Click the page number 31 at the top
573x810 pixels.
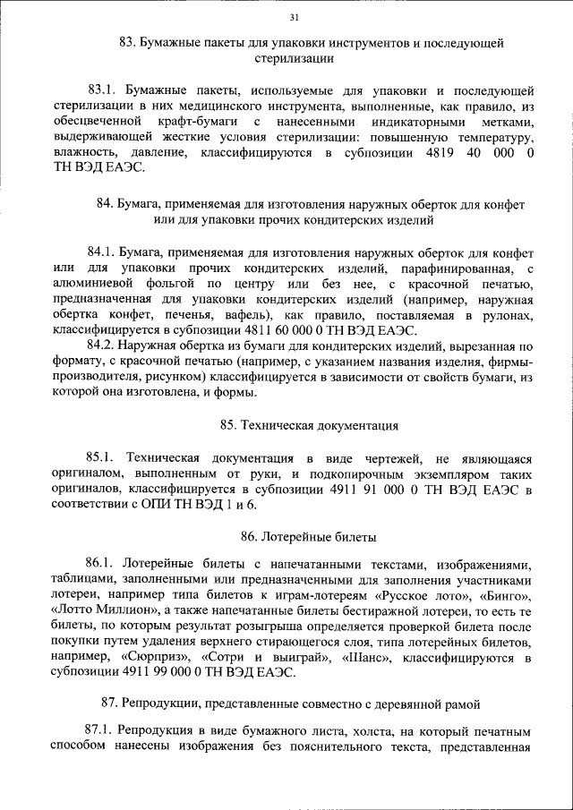point(295,17)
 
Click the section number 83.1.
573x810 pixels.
point(102,90)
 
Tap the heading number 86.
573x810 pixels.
point(248,538)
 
